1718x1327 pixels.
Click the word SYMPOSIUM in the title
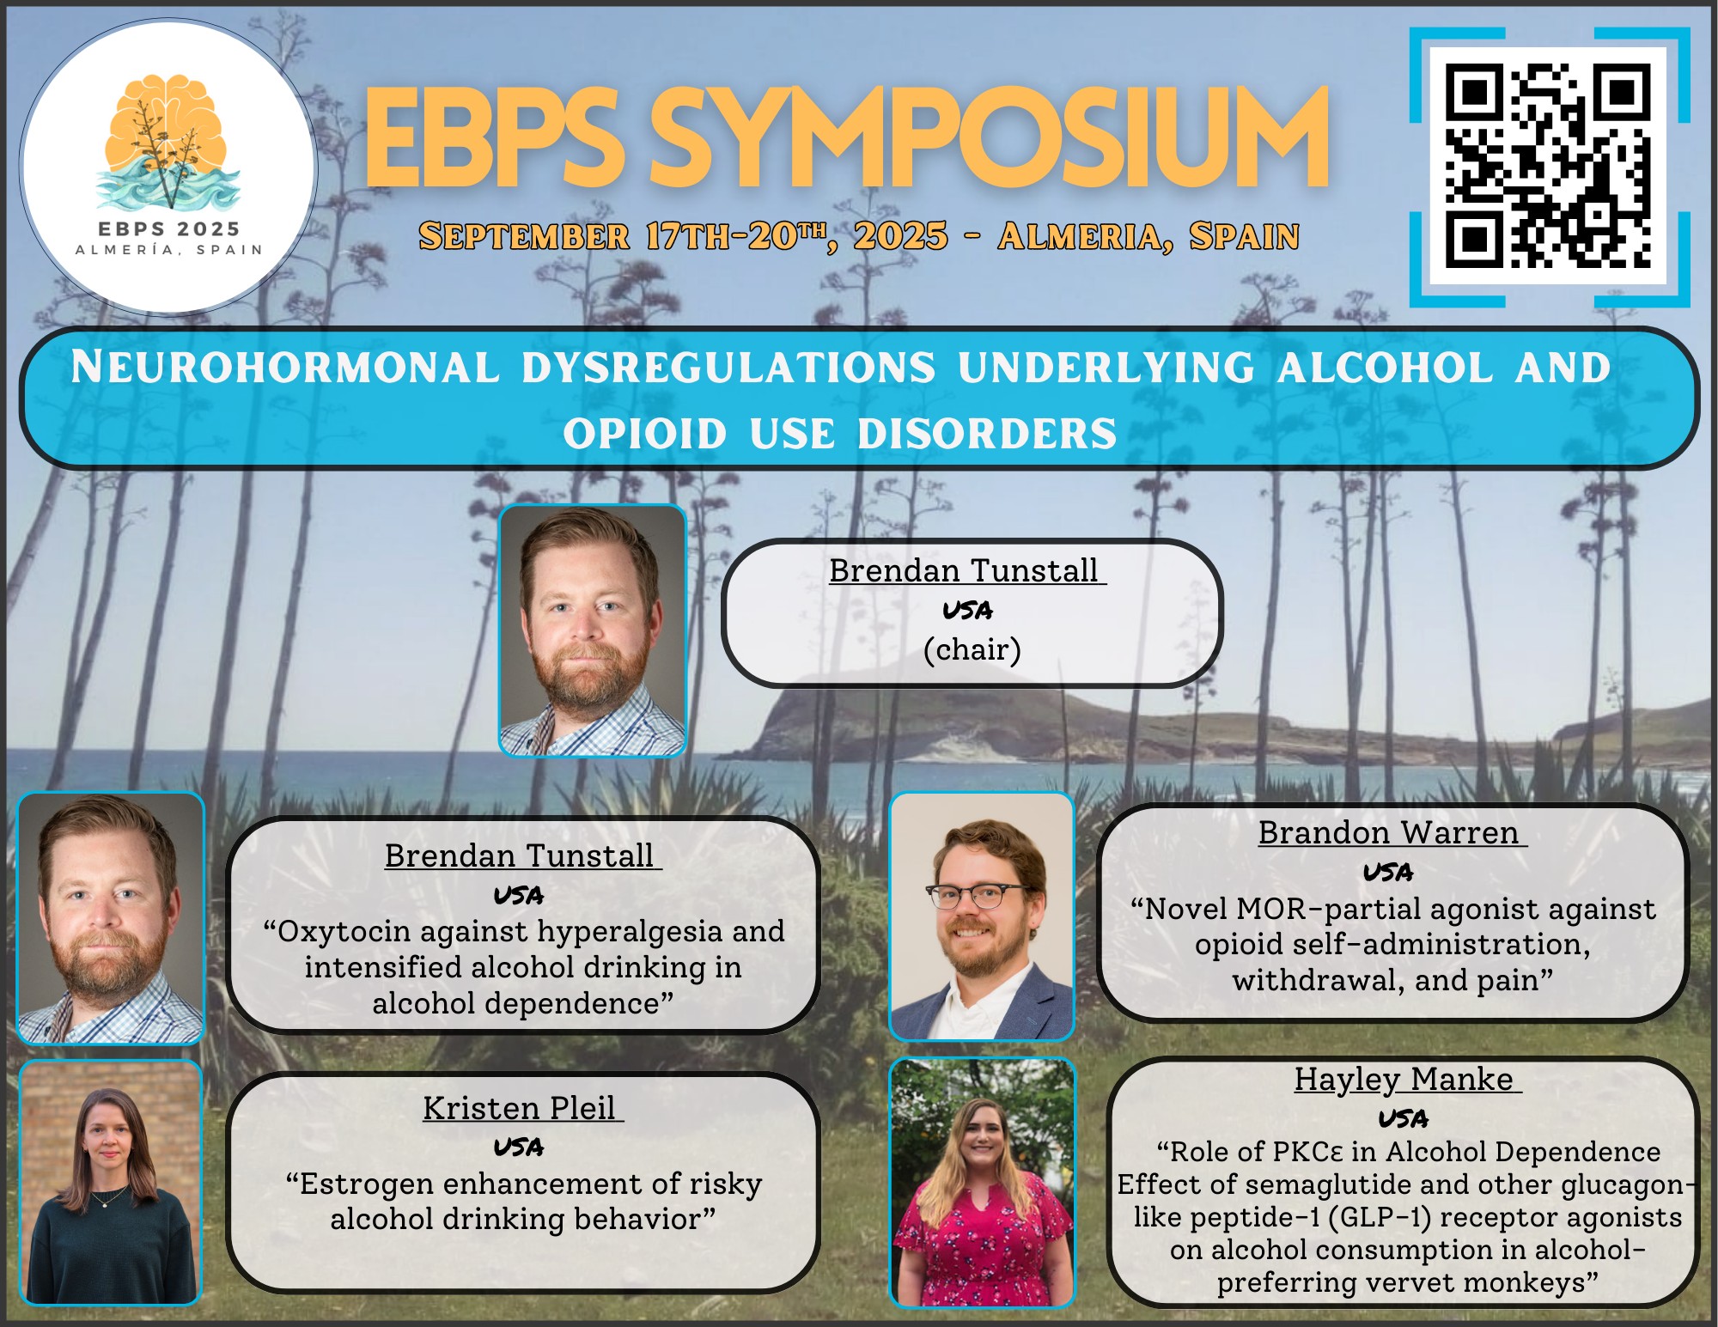point(988,138)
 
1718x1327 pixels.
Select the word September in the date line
point(524,236)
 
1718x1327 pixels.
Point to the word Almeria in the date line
point(1086,236)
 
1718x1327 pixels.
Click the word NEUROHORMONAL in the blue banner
point(285,367)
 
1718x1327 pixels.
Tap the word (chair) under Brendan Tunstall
point(972,649)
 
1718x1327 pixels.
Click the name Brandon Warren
point(1389,832)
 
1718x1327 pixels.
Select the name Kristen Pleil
point(519,1108)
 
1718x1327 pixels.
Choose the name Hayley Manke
point(1404,1079)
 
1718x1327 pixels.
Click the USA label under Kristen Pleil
point(519,1147)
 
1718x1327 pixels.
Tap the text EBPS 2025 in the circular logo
point(168,229)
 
